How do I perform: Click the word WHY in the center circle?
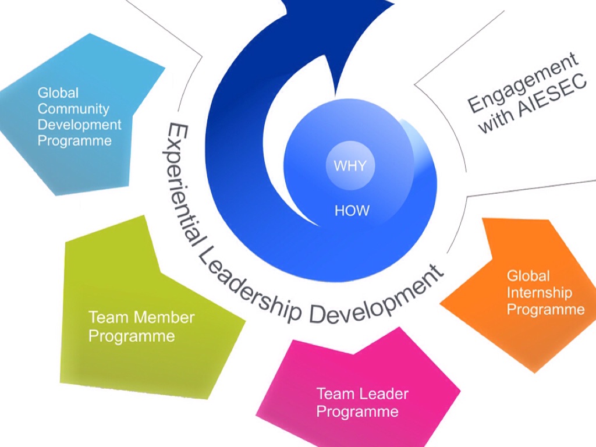350,166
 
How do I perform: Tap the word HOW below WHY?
352,210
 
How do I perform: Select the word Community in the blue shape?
73,109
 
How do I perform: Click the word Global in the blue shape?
58,93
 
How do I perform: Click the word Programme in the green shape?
132,336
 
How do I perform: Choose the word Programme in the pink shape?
357,412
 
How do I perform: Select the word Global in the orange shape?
528,275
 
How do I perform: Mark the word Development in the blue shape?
80,125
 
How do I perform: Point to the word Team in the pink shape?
335,394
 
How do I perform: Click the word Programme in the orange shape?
545,309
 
